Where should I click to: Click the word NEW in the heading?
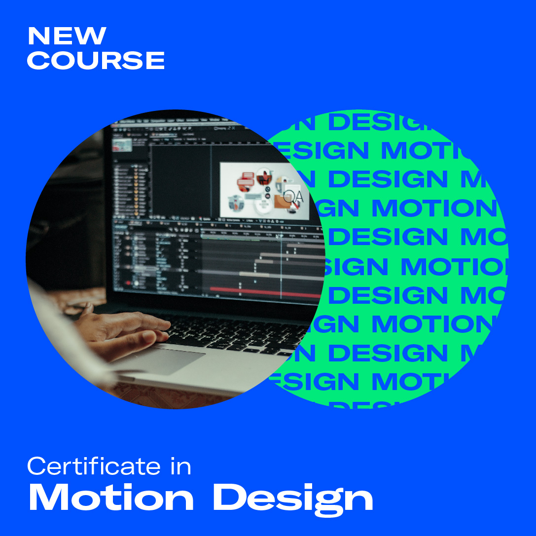point(67,36)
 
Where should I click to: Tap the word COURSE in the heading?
point(96,60)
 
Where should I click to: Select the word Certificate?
point(94,466)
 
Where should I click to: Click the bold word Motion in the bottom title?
point(111,498)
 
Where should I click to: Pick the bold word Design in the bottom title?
point(292,498)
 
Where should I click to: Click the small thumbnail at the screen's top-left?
point(121,144)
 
